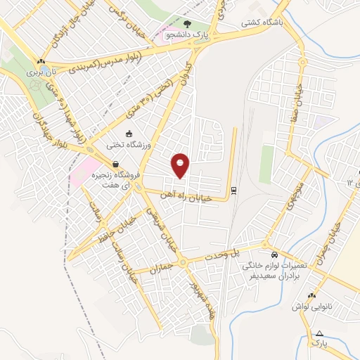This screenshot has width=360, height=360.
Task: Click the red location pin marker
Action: (181, 165)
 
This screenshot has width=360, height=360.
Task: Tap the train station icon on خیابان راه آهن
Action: (233, 189)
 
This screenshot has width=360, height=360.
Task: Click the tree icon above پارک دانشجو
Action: (186, 23)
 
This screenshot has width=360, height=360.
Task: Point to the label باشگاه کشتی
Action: (262, 22)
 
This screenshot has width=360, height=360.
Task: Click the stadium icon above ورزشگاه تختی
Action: (128, 134)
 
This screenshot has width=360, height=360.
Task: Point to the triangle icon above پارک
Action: (320, 333)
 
